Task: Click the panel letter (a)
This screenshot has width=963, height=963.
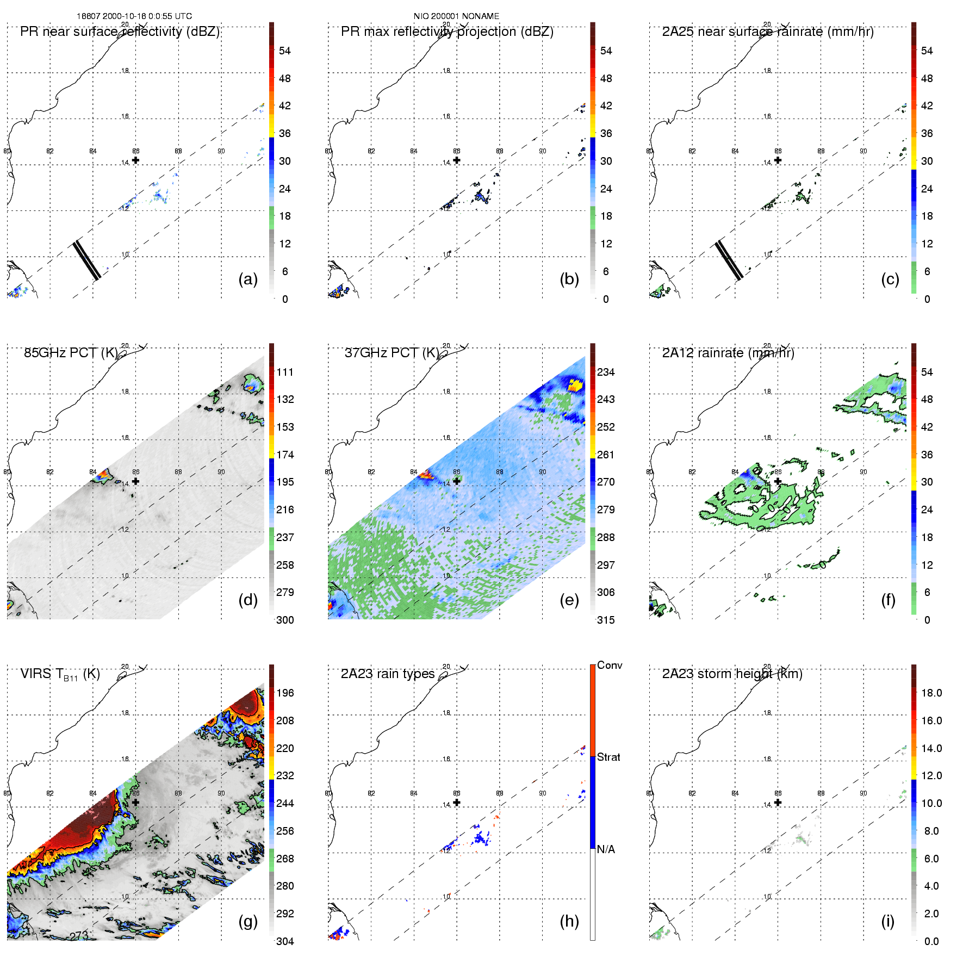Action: tap(248, 279)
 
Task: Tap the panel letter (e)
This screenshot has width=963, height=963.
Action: tap(569, 600)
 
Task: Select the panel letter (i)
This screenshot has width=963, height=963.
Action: tap(887, 921)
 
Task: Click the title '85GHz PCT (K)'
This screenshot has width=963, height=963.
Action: tap(71, 353)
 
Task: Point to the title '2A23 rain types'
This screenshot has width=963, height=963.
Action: tap(388, 674)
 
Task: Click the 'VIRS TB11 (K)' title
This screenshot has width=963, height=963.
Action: tap(60, 674)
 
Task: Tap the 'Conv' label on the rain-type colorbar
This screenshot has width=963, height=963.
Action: tap(610, 666)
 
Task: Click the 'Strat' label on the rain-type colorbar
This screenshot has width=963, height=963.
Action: tap(608, 757)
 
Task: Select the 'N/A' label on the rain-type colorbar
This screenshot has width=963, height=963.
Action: tap(606, 849)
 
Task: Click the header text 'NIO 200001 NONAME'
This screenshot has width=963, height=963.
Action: tap(456, 16)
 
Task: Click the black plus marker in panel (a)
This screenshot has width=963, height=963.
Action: tap(135, 160)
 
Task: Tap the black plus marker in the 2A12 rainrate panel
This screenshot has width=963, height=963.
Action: tap(778, 481)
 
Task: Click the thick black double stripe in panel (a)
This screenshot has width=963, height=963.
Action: tap(87, 260)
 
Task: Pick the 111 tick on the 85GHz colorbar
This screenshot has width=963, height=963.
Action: tap(285, 372)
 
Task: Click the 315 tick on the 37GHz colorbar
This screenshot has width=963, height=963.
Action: tap(606, 620)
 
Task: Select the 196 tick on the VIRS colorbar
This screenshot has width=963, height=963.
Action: tap(285, 693)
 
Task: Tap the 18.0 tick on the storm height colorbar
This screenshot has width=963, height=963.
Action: tap(931, 693)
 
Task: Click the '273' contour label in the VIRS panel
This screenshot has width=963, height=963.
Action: tap(79, 935)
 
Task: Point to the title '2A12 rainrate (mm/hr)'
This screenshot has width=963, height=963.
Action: tap(728, 353)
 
